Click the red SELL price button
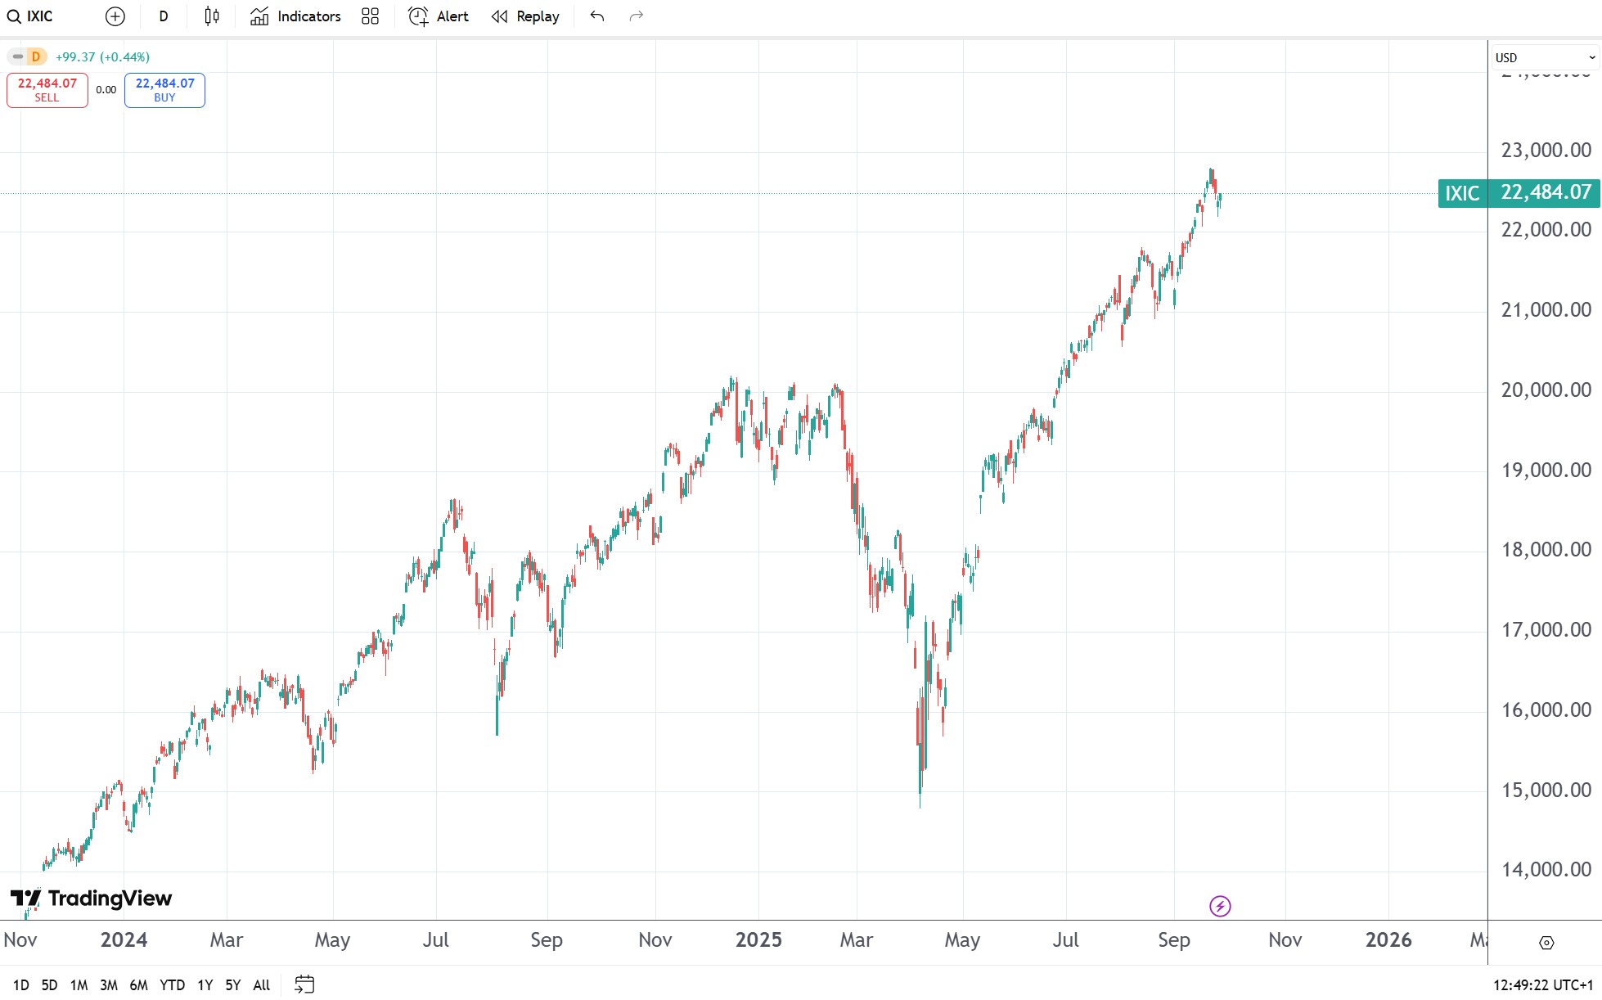tap(47, 90)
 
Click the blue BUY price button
tap(164, 90)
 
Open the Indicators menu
tap(295, 16)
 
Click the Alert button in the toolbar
tap(439, 16)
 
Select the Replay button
tap(525, 16)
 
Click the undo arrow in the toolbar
tap(597, 16)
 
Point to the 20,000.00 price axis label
tap(1546, 390)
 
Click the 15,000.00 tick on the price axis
tap(1546, 791)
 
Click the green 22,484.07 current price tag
tap(1546, 193)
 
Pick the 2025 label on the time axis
tap(758, 940)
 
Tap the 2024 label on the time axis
tap(124, 940)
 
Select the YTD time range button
tap(172, 985)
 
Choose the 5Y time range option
tap(233, 985)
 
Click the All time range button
tap(261, 985)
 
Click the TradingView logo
tap(91, 899)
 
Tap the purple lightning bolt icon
tap(1220, 906)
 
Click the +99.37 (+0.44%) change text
tap(102, 57)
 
